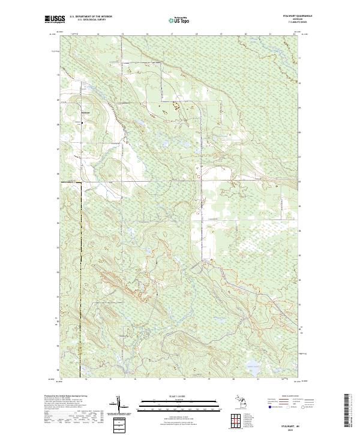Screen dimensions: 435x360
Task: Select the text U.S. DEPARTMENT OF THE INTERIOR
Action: (x=92, y=16)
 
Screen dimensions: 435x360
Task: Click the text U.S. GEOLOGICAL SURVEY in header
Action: (x=92, y=20)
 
